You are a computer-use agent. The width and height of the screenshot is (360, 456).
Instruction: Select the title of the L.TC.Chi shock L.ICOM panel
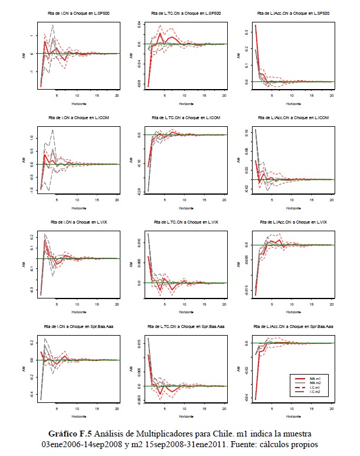(184, 118)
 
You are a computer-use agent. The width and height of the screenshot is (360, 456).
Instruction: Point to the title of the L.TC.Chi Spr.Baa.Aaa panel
(184, 327)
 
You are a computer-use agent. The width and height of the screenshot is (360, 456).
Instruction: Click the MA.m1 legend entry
(319, 377)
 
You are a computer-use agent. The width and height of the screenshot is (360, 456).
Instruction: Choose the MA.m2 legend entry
(319, 382)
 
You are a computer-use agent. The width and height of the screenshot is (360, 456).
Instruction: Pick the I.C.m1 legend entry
(319, 388)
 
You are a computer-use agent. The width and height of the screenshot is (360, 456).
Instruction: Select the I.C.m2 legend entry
(319, 393)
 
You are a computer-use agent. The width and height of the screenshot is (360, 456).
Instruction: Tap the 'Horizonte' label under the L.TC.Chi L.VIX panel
(184, 311)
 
